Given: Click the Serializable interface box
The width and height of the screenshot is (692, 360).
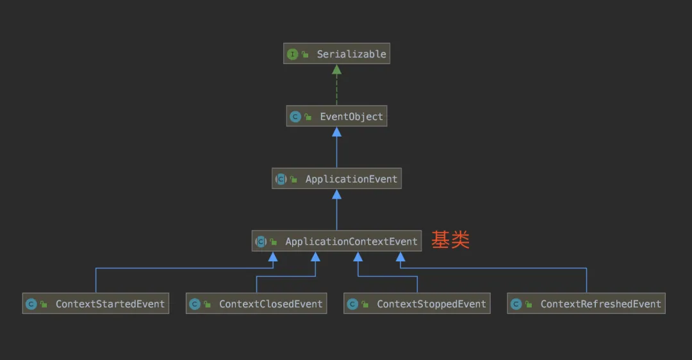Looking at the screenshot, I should [336, 54].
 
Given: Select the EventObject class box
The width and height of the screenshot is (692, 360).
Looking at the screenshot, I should [336, 117].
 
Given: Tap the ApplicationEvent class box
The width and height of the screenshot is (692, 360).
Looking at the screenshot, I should [336, 179].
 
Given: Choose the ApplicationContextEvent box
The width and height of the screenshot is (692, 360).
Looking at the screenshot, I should [336, 241].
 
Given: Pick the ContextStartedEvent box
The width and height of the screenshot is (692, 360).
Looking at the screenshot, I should [96, 304].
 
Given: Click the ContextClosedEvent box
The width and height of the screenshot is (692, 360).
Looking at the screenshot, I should [256, 304].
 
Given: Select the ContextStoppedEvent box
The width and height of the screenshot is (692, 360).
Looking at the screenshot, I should [417, 304].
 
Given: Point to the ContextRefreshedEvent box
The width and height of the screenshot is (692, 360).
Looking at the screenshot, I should [586, 304].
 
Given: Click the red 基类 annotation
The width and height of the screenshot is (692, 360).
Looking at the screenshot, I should [450, 240].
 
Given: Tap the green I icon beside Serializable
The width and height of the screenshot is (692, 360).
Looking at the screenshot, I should [293, 54].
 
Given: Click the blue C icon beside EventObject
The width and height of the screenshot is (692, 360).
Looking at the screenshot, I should [295, 117].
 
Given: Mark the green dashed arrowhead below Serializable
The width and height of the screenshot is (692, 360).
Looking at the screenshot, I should [336, 69].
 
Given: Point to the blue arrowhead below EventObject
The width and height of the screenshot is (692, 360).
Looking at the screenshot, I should [336, 132].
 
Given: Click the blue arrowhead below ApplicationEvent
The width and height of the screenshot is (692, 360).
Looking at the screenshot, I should [336, 194].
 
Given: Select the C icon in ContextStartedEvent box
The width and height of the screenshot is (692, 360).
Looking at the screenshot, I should [31, 304].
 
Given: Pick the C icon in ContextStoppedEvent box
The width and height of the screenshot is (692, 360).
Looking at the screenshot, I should [353, 304].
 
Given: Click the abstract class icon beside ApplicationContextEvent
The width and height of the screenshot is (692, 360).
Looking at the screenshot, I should [261, 241].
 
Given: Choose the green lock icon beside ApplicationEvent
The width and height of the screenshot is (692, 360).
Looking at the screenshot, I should [293, 180].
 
